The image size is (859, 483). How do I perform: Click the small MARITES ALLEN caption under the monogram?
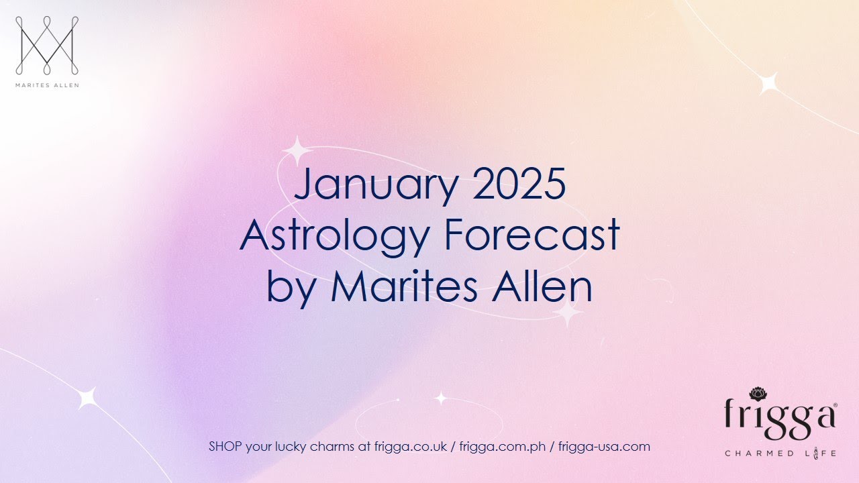coord(46,85)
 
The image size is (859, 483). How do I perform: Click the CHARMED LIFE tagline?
coord(780,453)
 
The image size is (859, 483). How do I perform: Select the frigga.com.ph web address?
coord(503,447)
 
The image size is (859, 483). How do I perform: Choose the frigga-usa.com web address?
coord(604,447)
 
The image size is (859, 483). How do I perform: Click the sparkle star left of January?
coord(295,151)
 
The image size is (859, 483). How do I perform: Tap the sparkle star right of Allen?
coord(568,313)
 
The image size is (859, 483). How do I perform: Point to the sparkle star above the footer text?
coord(440,398)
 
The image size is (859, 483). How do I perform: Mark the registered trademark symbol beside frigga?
coord(835,405)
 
